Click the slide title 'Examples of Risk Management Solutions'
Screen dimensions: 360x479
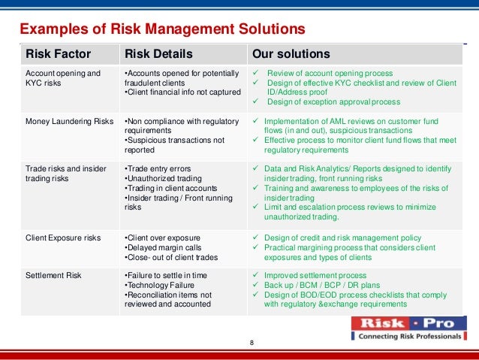point(161,29)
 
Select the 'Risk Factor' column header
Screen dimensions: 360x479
point(59,54)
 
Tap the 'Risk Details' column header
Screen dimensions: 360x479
point(158,54)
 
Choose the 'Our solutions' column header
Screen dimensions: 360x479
point(291,54)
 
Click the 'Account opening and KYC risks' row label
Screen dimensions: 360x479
point(63,78)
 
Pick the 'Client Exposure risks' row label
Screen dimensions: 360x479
point(63,238)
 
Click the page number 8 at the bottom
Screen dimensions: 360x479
point(252,343)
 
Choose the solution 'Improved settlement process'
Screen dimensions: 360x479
point(315,275)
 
